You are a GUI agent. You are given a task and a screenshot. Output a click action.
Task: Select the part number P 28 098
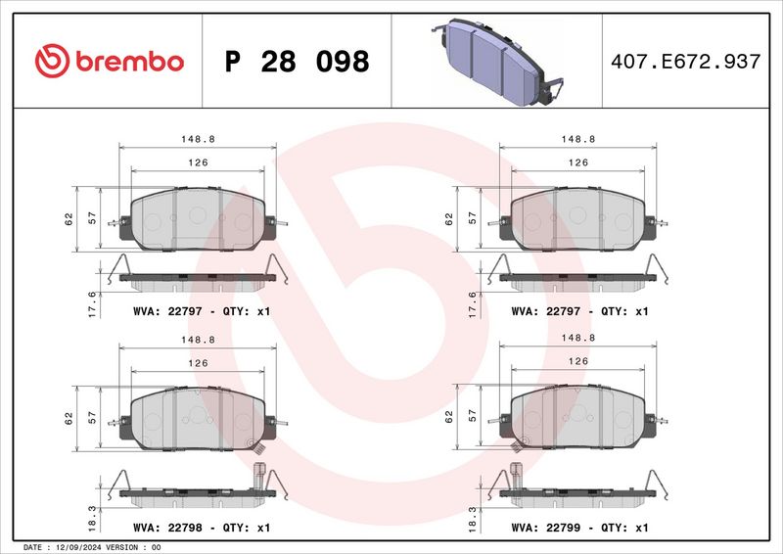297,62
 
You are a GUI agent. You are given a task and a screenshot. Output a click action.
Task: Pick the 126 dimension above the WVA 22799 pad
578,362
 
